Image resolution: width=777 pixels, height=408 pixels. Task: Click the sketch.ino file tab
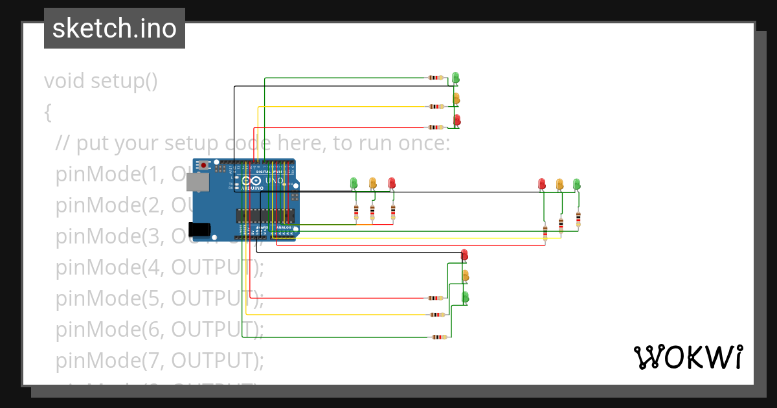(x=114, y=28)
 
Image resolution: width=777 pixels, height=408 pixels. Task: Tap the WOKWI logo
(x=688, y=357)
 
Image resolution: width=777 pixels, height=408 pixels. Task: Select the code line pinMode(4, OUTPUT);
(x=159, y=266)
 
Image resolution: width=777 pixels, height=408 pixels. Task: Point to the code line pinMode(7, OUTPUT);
(x=159, y=359)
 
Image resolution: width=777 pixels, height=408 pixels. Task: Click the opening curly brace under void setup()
(x=48, y=112)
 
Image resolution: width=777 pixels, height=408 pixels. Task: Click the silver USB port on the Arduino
(x=197, y=184)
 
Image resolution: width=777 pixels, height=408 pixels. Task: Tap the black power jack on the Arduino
(x=199, y=229)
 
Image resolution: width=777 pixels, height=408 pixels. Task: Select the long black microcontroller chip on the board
(x=265, y=216)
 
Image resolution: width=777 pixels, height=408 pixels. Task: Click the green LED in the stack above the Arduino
(x=456, y=77)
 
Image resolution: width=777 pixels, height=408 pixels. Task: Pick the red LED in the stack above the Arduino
(x=456, y=120)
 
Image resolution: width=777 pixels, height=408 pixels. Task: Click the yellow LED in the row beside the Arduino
(x=372, y=183)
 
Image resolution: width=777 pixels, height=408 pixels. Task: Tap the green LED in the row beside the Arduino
(x=354, y=183)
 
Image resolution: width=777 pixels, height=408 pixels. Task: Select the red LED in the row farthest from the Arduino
(x=542, y=184)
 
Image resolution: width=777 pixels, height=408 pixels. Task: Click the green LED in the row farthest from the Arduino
(x=576, y=184)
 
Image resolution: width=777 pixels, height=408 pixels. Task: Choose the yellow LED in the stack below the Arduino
(x=465, y=276)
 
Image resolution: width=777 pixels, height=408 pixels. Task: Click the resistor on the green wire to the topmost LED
(x=436, y=78)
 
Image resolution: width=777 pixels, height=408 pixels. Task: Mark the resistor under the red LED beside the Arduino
(x=392, y=211)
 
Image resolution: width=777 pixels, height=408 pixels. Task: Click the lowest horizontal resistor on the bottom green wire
(x=439, y=337)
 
